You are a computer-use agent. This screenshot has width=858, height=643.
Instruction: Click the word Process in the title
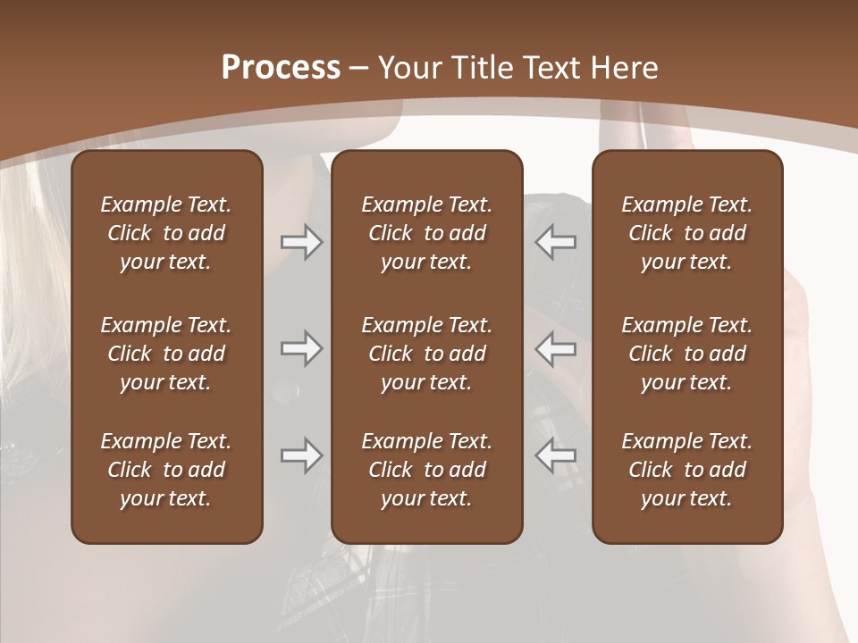pos(281,68)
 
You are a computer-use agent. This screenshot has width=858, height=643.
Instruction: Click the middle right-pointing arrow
pos(302,349)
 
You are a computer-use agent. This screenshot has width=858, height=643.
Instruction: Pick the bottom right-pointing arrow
pos(302,455)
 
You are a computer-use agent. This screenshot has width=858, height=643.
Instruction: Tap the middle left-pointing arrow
pos(556,349)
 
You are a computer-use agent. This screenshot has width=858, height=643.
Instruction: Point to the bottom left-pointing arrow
pos(556,455)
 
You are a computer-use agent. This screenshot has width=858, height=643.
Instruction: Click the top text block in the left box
pos(166,233)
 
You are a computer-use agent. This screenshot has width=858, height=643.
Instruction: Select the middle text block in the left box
pos(166,354)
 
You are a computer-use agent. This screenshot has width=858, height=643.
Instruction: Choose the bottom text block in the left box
pos(166,470)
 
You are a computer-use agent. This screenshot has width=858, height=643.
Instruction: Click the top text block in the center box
pos(427,233)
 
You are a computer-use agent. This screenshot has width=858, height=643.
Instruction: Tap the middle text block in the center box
pos(427,354)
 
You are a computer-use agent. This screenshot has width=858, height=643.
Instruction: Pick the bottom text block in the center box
pos(427,470)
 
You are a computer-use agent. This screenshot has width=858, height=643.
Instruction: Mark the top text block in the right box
pos(687,233)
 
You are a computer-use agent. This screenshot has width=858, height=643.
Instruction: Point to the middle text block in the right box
pos(687,354)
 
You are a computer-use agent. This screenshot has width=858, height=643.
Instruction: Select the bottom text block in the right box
pos(687,470)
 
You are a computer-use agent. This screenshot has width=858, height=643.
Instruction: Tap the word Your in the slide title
pos(408,68)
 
